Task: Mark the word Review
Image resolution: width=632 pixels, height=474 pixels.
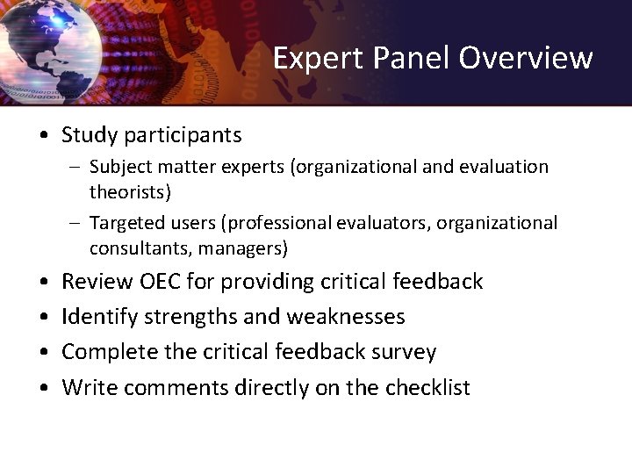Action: click(97, 282)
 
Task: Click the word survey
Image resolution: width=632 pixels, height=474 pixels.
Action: click(404, 352)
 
